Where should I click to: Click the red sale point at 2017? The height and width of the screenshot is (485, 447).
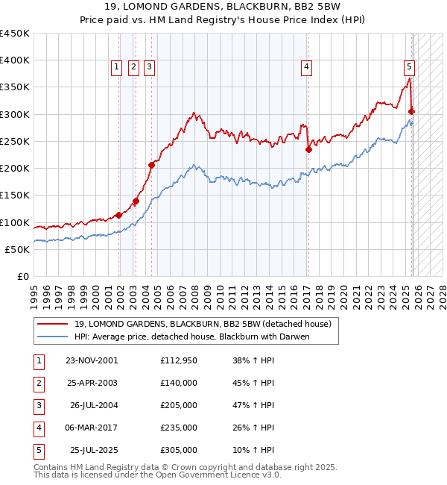[x=308, y=149]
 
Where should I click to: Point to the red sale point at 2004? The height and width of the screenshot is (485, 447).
[x=151, y=165]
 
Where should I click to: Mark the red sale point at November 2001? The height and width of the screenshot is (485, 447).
[x=119, y=216]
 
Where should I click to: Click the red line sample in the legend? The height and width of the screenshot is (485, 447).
[x=53, y=324]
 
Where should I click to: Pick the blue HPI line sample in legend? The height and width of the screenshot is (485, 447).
[x=53, y=337]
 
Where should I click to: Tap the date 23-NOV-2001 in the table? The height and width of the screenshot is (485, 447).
[x=92, y=360]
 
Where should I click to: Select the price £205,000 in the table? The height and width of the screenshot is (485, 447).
[x=179, y=405]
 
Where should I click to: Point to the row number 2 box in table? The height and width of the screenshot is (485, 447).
[x=37, y=383]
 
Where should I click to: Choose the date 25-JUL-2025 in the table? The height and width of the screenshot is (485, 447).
[x=94, y=450]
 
